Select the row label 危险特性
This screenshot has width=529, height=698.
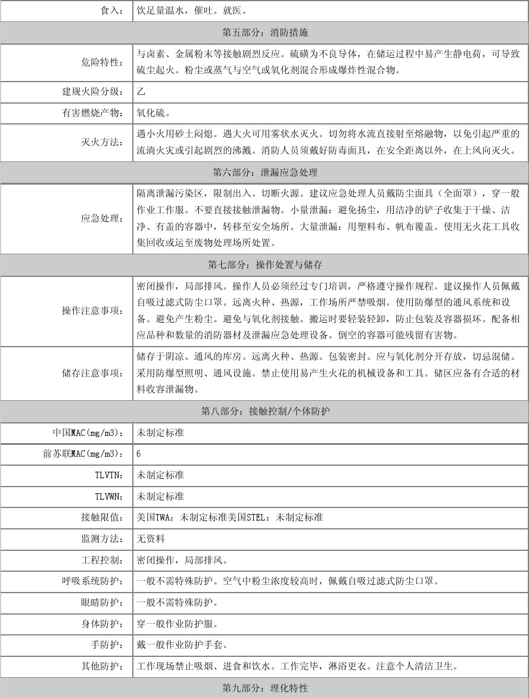[x=102, y=62]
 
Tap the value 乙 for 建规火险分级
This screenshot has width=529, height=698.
[x=141, y=92]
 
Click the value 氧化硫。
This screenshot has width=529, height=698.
[x=154, y=113]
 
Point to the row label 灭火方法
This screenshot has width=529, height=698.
[x=102, y=142]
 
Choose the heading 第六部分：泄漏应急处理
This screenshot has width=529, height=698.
[x=265, y=173]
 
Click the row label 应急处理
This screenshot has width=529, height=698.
[x=102, y=218]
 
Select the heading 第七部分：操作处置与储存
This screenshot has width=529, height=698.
[x=265, y=264]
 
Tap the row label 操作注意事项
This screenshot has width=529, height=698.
[x=93, y=310]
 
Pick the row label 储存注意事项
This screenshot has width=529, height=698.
[x=93, y=373]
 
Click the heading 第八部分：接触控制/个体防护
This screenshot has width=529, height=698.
[x=265, y=411]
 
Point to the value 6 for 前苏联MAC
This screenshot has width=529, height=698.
[x=139, y=454]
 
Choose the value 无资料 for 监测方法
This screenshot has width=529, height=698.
[x=151, y=538]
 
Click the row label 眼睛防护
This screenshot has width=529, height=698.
[x=102, y=602]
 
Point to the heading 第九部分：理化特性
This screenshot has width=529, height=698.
[x=265, y=688]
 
